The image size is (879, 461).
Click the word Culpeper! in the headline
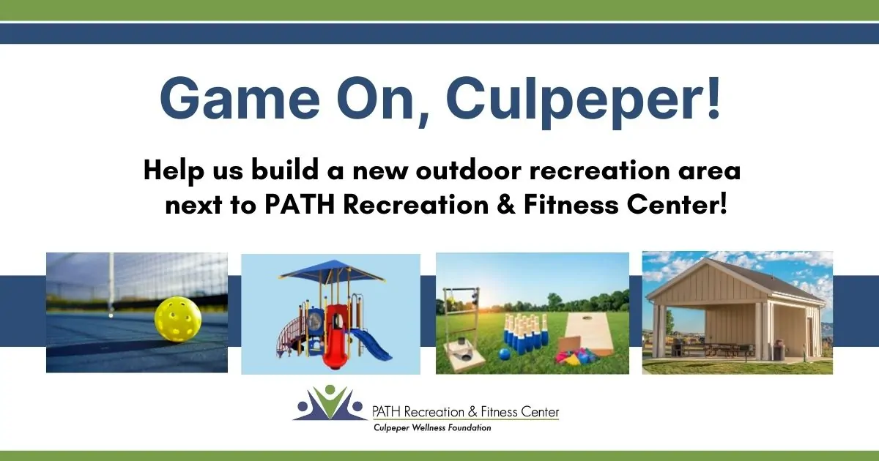pyautogui.click(x=584, y=100)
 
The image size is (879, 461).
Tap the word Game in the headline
pyautogui.click(x=240, y=98)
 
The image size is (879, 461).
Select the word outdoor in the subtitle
pyautogui.click(x=469, y=170)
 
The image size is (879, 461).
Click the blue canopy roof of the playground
pyautogui.click(x=332, y=271)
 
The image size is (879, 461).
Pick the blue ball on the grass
pyautogui.click(x=504, y=354)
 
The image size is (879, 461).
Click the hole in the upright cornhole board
pyautogui.click(x=587, y=318)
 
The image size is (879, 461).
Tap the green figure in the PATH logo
pyautogui.click(x=330, y=402)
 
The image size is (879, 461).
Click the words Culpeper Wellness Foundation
pyautogui.click(x=432, y=427)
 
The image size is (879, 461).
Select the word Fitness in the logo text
pyautogui.click(x=499, y=411)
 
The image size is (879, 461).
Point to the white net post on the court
pyautogui.click(x=111, y=282)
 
